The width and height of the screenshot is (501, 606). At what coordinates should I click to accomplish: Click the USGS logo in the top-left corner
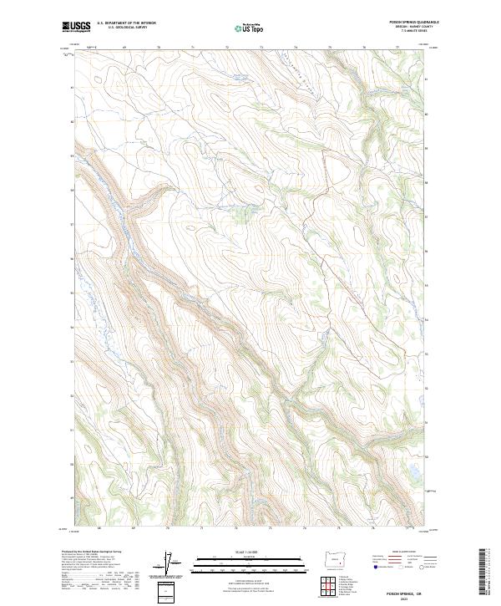[x=76, y=28]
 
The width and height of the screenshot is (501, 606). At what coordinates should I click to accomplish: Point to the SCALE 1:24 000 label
[x=245, y=552]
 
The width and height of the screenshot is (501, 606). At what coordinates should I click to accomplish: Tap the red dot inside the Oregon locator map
[x=342, y=561]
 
